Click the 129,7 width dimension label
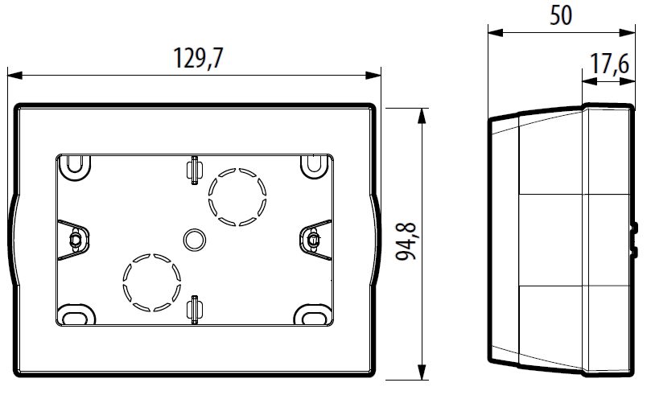pos(198,58)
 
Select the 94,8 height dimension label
pos(406,241)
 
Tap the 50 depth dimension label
pos(561,15)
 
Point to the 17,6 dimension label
pos(609,64)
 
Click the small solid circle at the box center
pos(194,240)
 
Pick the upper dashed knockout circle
pos(237,196)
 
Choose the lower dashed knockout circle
pos(152,282)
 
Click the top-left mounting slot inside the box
pos(75,167)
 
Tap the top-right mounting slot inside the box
pos(315,167)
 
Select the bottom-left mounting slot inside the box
pos(76,315)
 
